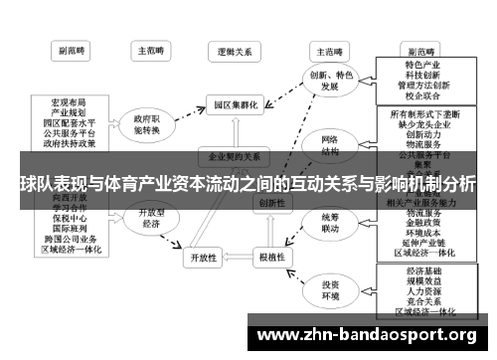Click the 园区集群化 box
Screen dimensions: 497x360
pyautogui.click(x=235, y=103)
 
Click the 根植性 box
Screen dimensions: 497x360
pyautogui.click(x=270, y=258)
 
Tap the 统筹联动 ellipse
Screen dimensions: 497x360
pyautogui.click(x=328, y=222)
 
